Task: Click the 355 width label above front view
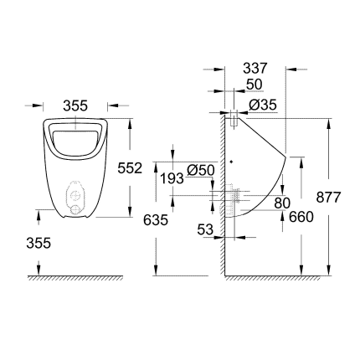tap(75, 105)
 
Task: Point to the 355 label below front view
tap(39, 243)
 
